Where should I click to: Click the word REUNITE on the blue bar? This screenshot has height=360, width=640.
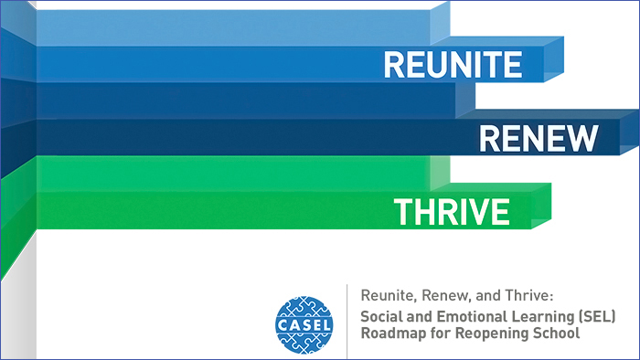coord(453,63)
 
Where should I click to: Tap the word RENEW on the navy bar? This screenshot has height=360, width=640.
coord(539,139)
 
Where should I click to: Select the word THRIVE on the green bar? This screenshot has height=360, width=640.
coord(452,212)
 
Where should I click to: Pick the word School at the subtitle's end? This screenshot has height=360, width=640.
coord(555,334)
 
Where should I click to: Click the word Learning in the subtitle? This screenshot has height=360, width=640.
coord(543,315)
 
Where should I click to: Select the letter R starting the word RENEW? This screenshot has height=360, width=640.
coord(488,139)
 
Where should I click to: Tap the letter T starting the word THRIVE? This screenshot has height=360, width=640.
coord(402,212)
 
